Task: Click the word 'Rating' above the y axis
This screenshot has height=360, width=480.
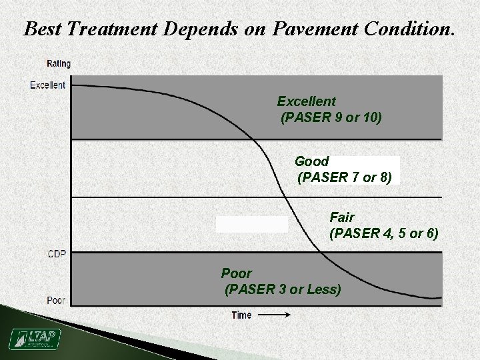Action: coord(58,64)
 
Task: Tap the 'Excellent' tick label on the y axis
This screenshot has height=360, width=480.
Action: coord(48,85)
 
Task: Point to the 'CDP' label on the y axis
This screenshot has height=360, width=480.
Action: coord(57,253)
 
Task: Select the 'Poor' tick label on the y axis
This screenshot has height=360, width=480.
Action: coord(56,301)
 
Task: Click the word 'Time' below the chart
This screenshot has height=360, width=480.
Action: coord(241,315)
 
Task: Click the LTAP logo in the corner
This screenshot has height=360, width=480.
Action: coord(34,339)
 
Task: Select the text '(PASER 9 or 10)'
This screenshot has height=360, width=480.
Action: coord(331,118)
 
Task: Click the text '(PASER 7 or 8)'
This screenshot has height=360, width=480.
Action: coord(348,177)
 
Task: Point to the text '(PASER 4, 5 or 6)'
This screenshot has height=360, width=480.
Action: coord(383,233)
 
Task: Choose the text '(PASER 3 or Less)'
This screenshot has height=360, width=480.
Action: coord(283,289)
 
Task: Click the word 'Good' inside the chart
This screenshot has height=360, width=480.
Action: coord(311,161)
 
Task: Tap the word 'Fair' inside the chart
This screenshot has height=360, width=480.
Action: coord(342,217)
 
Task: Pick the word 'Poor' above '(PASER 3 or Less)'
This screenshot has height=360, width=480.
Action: coord(236,273)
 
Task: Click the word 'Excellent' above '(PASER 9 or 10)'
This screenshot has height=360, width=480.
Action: coord(306,101)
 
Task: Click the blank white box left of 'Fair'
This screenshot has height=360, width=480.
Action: coord(252,224)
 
